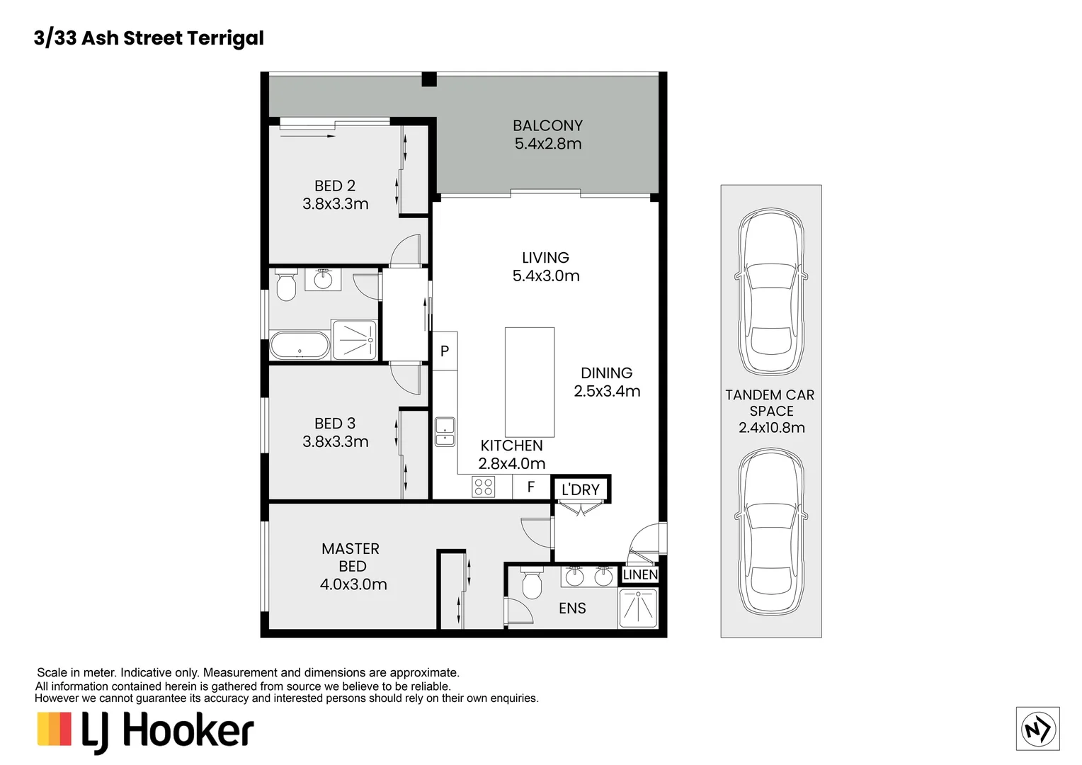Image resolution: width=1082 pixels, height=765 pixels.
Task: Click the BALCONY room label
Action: click(547, 125)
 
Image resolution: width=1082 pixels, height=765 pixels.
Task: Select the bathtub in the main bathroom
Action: click(300, 346)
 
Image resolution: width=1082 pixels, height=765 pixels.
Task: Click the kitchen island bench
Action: click(530, 382)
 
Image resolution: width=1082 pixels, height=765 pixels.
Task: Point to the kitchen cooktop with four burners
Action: click(484, 487)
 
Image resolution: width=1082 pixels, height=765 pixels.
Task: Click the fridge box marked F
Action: click(531, 487)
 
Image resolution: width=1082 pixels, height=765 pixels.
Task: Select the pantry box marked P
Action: click(445, 351)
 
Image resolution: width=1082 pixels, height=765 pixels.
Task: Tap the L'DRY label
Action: click(580, 489)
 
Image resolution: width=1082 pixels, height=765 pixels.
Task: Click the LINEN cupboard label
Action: click(640, 574)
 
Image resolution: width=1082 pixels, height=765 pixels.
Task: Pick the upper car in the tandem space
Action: click(771, 291)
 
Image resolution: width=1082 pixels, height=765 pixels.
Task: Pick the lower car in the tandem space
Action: click(771, 531)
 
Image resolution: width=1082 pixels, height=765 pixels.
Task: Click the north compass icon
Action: click(1037, 728)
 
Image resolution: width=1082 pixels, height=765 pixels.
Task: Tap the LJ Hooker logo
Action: click(146, 731)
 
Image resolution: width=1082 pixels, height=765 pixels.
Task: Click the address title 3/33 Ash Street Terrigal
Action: click(149, 38)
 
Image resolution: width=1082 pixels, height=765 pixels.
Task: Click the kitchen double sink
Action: click(445, 431)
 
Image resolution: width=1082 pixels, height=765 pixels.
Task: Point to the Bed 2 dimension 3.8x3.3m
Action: click(335, 204)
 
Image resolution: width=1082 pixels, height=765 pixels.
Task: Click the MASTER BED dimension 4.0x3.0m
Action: click(353, 584)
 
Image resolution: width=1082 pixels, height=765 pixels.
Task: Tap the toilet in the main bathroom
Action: click(286, 286)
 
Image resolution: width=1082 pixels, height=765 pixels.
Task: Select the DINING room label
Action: click(606, 373)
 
